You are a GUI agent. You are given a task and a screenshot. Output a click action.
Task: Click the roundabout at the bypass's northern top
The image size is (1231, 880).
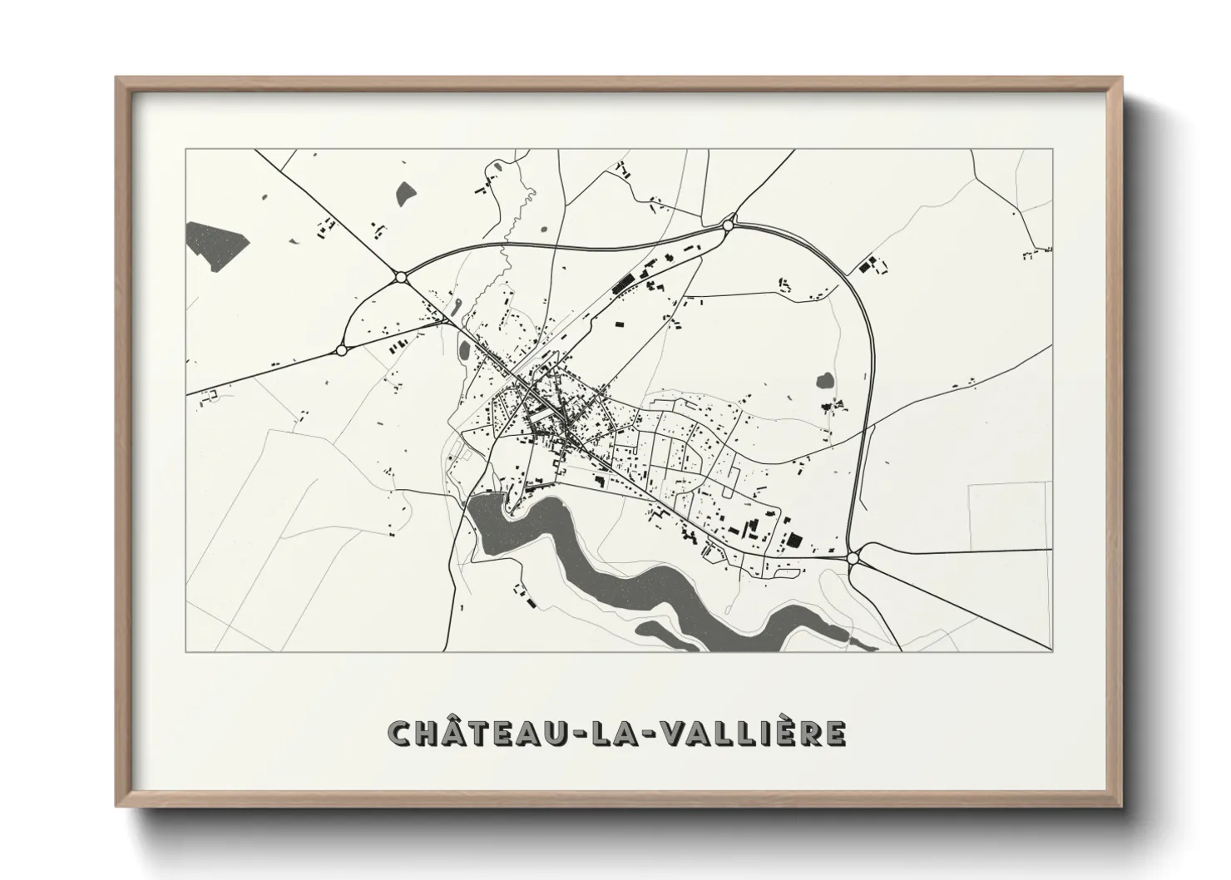point(729,225)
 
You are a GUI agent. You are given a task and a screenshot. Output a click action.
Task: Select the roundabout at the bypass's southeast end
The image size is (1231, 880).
point(854,558)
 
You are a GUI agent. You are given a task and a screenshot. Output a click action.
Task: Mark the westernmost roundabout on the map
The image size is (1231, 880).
point(341,350)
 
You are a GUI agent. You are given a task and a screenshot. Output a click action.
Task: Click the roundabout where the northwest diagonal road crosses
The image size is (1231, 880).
point(401,277)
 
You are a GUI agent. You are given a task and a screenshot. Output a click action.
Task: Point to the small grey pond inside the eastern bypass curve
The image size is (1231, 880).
point(825,381)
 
